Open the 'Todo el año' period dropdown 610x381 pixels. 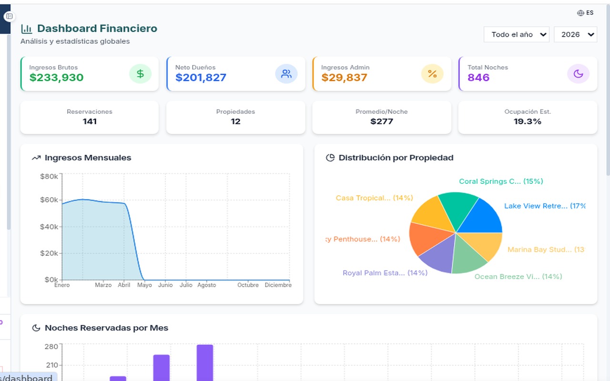(x=517, y=34)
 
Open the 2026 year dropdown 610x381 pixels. (x=575, y=34)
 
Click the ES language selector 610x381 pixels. (x=585, y=13)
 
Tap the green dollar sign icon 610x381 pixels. (x=140, y=74)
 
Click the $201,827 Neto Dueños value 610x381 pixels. (x=201, y=78)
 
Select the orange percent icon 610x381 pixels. (x=432, y=74)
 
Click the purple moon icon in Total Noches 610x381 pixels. (x=578, y=74)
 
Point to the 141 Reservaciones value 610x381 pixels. (x=90, y=121)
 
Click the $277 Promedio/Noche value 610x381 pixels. (x=382, y=121)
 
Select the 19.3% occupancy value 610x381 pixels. (x=528, y=121)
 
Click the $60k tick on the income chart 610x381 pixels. (x=49, y=200)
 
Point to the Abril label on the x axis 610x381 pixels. (x=124, y=285)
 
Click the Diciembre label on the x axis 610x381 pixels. (x=278, y=285)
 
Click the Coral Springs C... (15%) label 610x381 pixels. (x=501, y=181)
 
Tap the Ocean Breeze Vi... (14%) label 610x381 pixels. (x=518, y=277)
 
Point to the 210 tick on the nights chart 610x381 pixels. (x=51, y=365)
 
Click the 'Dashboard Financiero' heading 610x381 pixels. (x=97, y=29)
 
